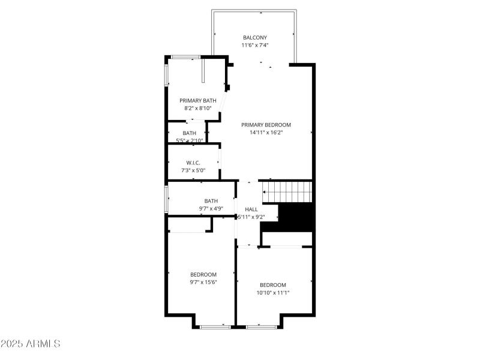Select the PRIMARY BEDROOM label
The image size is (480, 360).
click(266, 125)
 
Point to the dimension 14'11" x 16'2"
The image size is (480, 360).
click(266, 133)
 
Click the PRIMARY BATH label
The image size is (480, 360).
click(197, 100)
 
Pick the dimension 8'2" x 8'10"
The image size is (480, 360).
click(197, 109)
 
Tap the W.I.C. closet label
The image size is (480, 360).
click(193, 163)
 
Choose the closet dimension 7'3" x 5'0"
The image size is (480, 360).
click(193, 171)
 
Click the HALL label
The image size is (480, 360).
click(251, 209)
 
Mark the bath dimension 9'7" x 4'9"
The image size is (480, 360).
click(211, 209)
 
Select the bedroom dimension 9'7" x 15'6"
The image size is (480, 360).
click(203, 282)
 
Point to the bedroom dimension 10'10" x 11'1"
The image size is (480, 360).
click(273, 293)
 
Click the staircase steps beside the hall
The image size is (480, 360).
click(288, 192)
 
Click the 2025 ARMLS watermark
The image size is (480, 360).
click(31, 344)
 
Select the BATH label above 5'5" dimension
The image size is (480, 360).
click(190, 133)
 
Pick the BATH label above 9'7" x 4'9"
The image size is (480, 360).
click(211, 201)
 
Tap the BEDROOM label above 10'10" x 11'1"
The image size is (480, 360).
click(273, 285)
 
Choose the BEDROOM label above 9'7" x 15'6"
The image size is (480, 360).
click(203, 274)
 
